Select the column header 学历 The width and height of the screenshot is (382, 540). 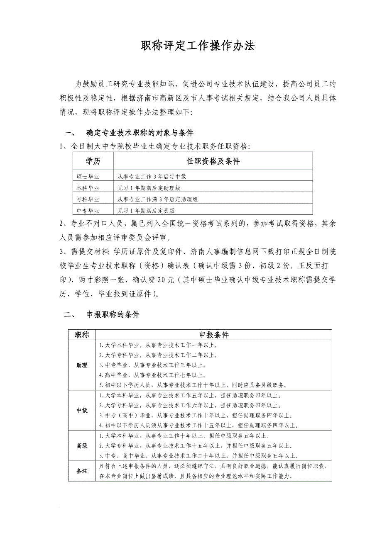[x=93, y=161]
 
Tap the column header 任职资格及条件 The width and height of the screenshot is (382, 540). [x=213, y=161]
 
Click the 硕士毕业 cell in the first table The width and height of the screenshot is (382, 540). [x=88, y=177]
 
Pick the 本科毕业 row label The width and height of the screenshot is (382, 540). [x=88, y=188]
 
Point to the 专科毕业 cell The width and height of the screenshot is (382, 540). [x=88, y=199]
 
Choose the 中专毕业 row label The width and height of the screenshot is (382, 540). [x=88, y=211]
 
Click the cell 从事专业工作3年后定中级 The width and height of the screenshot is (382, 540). [x=152, y=177]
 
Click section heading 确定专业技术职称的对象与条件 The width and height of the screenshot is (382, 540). [x=140, y=133]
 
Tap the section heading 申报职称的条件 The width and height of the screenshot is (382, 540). [x=113, y=315]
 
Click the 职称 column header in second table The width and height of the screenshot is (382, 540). [x=82, y=335]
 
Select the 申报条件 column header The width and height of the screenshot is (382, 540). [x=214, y=335]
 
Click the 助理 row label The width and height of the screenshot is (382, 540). [x=82, y=365]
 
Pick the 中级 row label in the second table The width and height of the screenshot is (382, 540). [x=82, y=410]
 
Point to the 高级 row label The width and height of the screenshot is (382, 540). [x=82, y=446]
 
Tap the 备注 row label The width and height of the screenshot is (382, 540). [x=82, y=471]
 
